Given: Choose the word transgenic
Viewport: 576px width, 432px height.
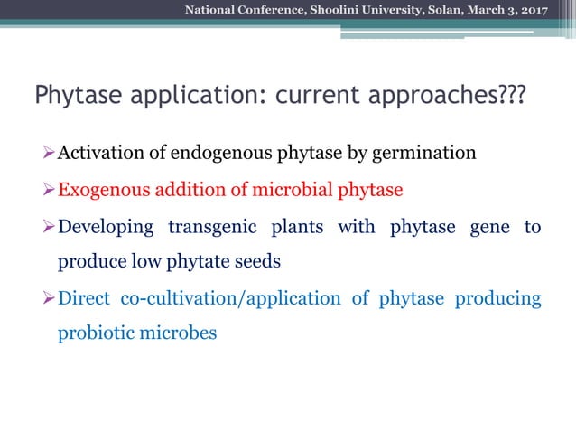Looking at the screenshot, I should pos(215,227).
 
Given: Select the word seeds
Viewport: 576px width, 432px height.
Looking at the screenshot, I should pos(259,262).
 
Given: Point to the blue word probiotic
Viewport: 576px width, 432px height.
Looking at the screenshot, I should pos(95,333).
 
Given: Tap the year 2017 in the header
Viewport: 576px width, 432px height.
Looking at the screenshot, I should pos(534,10).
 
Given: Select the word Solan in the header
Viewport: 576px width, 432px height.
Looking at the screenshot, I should pos(443,10).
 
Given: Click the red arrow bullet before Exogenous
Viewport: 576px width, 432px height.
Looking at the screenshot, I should pos(50,190).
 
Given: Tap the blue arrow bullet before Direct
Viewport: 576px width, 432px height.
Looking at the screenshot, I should pos(50,298).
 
